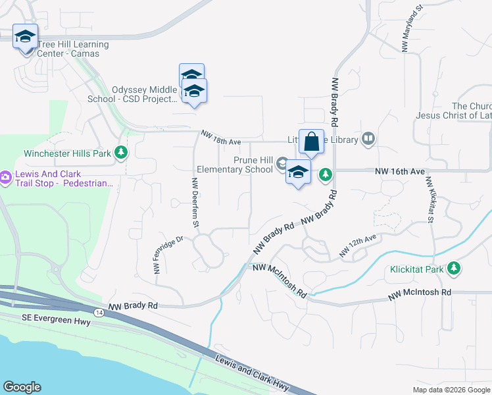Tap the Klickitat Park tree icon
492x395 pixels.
click(453, 269)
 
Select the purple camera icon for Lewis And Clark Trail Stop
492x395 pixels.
click(5, 177)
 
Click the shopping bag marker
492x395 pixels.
click(311, 142)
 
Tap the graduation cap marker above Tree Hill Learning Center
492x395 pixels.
click(25, 38)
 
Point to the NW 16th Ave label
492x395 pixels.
click(400, 171)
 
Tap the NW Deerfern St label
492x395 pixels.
click(195, 203)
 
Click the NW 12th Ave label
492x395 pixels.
click(357, 246)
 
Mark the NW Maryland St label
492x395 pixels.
click(411, 31)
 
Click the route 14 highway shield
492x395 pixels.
click(97, 311)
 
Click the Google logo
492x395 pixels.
click(22, 387)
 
